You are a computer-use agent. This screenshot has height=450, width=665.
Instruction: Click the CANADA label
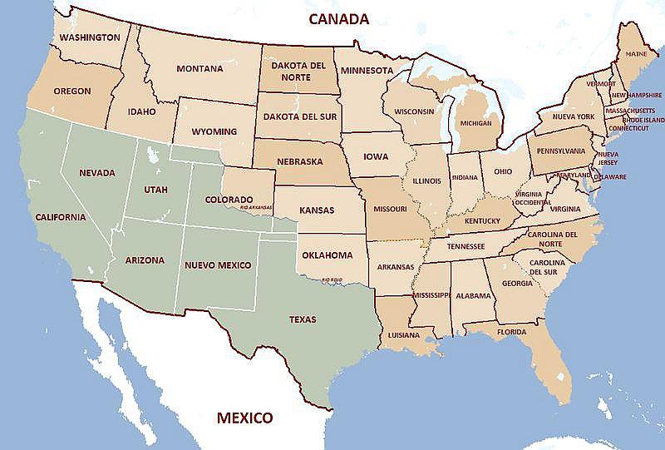coord(337,18)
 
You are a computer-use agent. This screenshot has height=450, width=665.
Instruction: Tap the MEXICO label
coord(244,417)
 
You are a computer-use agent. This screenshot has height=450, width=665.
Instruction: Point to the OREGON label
coord(72,91)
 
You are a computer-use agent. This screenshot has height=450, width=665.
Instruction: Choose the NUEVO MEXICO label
coord(216,265)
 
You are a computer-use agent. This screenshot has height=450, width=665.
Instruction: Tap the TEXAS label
coord(302,319)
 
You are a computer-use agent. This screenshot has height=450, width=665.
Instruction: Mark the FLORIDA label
coord(511,332)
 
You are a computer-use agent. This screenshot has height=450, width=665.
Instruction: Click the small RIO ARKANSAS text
coord(256,208)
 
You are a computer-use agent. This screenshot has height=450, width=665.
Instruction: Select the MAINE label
coord(636,53)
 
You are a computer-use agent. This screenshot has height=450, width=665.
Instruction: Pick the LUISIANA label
coord(405,335)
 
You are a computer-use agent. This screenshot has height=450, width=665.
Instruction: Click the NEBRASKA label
coord(300,161)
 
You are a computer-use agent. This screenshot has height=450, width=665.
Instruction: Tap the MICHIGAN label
coord(475,123)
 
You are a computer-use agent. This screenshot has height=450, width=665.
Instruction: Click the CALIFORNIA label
coord(60,217)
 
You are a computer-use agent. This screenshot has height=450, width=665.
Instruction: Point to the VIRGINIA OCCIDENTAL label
coord(532,197)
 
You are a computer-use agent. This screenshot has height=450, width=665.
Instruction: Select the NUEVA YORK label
coord(574,116)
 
